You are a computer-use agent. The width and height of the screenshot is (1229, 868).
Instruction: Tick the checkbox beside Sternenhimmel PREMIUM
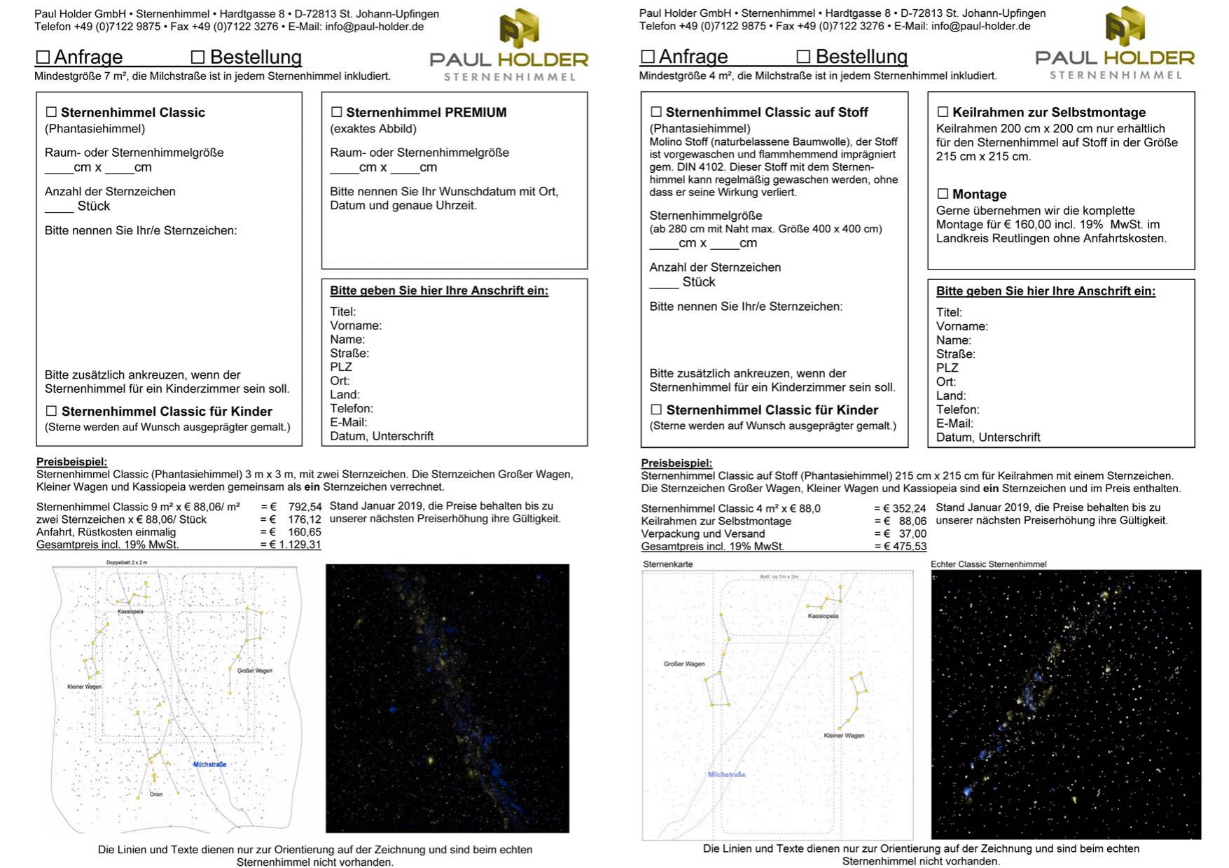click(336, 112)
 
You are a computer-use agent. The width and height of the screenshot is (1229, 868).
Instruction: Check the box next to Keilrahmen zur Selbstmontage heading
click(943, 112)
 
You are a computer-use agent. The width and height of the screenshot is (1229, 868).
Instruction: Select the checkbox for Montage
click(943, 194)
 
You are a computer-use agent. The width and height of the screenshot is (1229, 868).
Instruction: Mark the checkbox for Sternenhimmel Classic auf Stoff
click(656, 112)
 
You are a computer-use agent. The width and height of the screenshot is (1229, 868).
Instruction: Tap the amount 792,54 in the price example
click(305, 507)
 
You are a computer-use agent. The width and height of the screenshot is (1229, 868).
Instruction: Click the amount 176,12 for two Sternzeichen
click(305, 519)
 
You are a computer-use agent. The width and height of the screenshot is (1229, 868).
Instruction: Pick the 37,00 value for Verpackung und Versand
click(912, 533)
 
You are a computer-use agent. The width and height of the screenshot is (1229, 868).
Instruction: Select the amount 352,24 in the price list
click(910, 508)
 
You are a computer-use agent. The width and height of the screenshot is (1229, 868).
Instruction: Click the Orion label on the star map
click(156, 794)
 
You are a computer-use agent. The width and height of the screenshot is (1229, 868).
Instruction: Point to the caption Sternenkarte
click(667, 564)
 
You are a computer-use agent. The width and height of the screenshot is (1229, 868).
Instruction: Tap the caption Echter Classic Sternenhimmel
click(988, 564)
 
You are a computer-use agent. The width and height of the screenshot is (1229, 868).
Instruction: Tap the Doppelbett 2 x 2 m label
click(127, 563)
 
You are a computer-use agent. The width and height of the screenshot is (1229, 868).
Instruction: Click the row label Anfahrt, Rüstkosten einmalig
click(106, 532)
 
